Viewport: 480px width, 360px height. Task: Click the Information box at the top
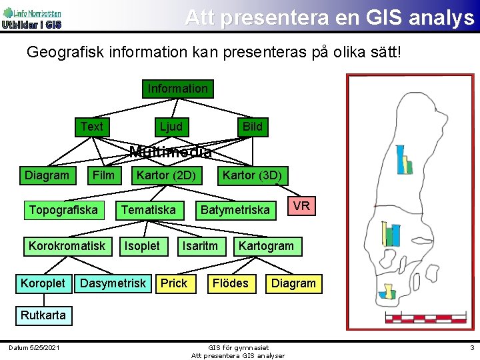(x=177, y=89)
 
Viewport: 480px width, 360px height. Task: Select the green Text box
(x=92, y=127)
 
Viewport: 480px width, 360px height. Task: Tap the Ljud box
(x=171, y=127)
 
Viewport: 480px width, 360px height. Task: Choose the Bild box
(x=252, y=127)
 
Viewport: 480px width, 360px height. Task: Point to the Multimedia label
(x=171, y=152)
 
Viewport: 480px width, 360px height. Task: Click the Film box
(x=103, y=176)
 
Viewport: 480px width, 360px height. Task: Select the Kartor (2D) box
(x=166, y=176)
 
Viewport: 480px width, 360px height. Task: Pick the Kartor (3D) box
(x=252, y=176)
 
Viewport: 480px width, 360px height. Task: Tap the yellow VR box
(x=301, y=206)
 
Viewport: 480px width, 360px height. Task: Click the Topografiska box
(x=63, y=211)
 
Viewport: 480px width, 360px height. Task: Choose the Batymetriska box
(x=235, y=211)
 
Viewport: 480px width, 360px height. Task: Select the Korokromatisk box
(x=67, y=246)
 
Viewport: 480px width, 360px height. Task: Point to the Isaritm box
(x=200, y=246)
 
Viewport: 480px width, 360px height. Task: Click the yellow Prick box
(x=174, y=283)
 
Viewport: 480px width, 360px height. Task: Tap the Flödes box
(x=230, y=283)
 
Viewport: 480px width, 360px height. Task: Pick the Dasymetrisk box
(x=113, y=283)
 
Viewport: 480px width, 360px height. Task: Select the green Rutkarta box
(x=43, y=315)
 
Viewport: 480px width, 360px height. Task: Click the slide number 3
(x=471, y=347)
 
